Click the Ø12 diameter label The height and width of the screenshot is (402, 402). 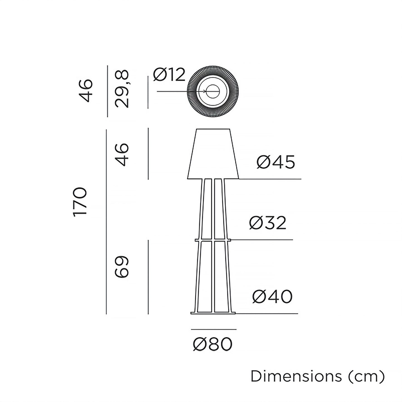click(x=169, y=75)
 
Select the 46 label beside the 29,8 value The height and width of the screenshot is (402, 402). click(x=85, y=91)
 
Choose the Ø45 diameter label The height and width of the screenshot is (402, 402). click(x=276, y=162)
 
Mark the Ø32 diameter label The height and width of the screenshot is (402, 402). click(x=268, y=223)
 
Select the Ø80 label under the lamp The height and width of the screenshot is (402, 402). click(x=213, y=344)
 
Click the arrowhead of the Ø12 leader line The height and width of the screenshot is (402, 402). click(x=205, y=91)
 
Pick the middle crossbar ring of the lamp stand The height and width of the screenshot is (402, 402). click(x=213, y=240)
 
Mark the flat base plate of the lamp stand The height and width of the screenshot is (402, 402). click(x=213, y=313)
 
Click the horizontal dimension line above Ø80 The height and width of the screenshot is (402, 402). click(x=214, y=329)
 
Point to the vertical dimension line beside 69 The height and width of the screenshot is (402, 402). click(x=148, y=277)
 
